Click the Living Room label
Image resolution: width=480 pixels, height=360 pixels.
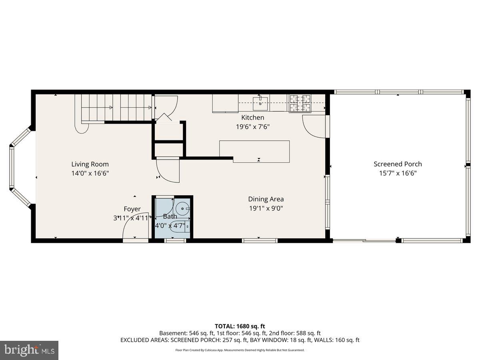[x=90, y=164]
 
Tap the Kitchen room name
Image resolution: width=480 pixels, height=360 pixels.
[x=252, y=118]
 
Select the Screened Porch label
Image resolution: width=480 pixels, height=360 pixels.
[x=398, y=164]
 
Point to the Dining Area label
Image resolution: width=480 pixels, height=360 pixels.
[x=266, y=199]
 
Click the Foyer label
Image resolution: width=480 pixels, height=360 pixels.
[x=132, y=209]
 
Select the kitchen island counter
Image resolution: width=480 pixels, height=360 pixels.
[x=255, y=151]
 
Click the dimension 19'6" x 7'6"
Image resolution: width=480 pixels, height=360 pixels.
[x=252, y=127]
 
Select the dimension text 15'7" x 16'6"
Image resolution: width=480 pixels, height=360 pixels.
[x=398, y=173]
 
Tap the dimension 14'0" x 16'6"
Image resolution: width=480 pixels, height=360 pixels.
[x=90, y=173]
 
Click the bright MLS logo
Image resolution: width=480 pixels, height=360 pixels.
[x=29, y=350]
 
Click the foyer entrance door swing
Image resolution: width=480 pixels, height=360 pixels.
[x=134, y=228]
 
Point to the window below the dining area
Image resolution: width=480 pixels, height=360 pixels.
[x=260, y=240]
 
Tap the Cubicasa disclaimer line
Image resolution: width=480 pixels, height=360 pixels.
[x=240, y=350]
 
